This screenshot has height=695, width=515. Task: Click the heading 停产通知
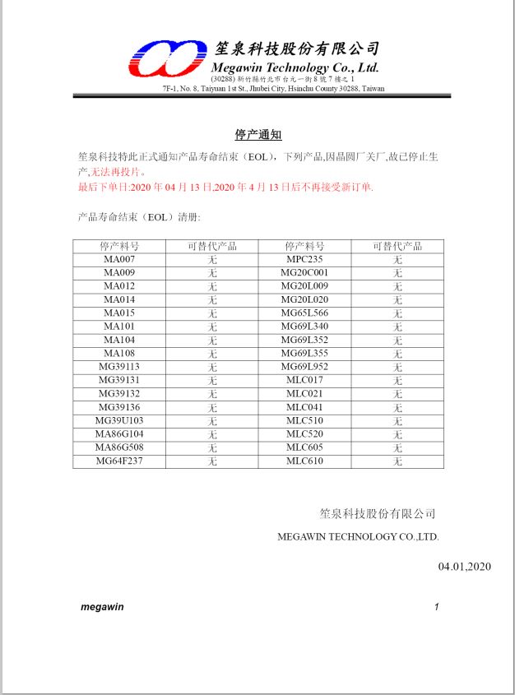(258, 135)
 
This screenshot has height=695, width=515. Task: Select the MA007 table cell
(119, 259)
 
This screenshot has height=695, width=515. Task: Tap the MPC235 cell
(304, 259)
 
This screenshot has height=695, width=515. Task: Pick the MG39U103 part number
(119, 420)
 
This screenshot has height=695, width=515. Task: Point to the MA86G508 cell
(119, 447)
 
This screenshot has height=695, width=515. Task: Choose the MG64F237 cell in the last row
(119, 461)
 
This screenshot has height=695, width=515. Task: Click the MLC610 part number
(304, 461)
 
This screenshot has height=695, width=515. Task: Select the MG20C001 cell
(304, 272)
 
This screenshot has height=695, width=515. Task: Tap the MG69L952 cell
(304, 367)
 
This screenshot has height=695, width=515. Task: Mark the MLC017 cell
(304, 380)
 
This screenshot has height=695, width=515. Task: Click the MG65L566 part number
(304, 313)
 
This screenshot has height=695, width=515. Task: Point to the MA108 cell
(119, 353)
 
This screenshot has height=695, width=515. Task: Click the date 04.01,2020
(464, 566)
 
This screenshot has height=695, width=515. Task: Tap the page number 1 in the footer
(437, 607)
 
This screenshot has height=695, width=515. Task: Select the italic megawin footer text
(102, 607)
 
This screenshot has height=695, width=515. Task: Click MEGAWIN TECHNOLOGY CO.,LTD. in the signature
(359, 536)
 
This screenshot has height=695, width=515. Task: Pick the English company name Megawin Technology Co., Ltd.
(295, 67)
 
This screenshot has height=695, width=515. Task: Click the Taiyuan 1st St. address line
(273, 88)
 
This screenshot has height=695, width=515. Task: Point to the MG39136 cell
(119, 407)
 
